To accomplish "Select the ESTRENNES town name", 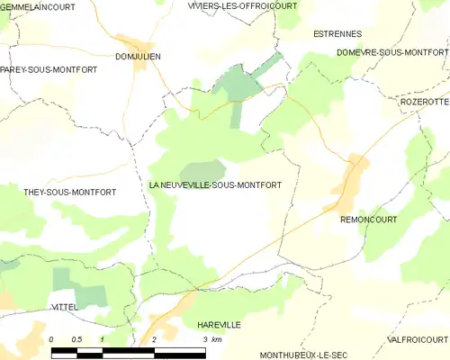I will tap(337, 33).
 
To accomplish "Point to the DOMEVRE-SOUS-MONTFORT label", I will tap(392, 53).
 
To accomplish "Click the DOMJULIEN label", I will tap(138, 56).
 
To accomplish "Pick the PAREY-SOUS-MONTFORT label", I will tap(42, 69).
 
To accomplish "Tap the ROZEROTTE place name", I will tap(423, 102).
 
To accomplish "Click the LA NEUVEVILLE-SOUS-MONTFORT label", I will tap(215, 184).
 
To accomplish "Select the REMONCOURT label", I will tap(368, 219).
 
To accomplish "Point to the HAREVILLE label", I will tap(219, 323).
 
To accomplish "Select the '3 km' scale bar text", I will tap(212, 338).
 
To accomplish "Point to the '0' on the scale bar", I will tap(51, 338).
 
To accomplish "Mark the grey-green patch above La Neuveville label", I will tap(202, 170).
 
